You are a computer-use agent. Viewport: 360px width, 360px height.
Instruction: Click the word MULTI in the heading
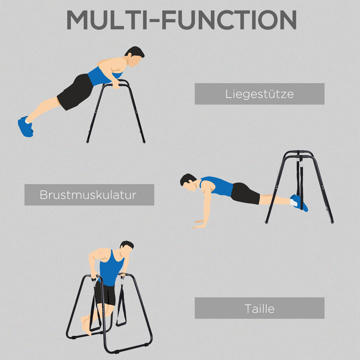point(108,20)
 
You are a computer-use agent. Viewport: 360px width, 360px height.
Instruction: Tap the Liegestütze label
point(259,93)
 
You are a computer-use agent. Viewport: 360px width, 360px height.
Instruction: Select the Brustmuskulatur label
point(89,194)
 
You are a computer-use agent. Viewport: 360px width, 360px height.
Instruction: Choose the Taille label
point(259,308)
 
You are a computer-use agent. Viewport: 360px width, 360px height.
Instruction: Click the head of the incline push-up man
point(134,57)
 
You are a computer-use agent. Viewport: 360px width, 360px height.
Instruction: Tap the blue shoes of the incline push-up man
point(25,126)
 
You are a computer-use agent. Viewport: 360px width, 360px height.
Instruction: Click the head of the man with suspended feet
point(189,183)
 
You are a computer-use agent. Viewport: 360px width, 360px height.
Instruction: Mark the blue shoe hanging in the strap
point(299,202)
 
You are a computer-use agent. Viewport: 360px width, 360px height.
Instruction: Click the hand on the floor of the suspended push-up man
point(199,223)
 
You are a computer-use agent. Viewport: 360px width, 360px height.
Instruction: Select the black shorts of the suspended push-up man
point(245,193)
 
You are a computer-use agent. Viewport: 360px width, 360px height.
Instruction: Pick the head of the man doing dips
point(126,250)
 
